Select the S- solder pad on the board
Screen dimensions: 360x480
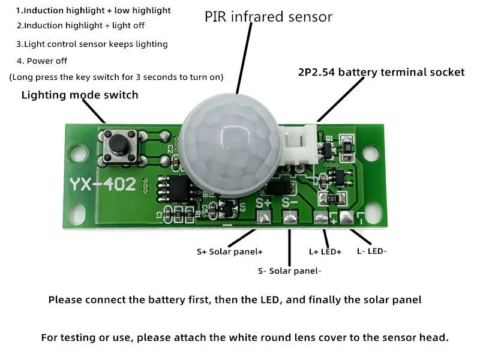pos(290,219)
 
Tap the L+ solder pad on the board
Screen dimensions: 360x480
pos(321,218)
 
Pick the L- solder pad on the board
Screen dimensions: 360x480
pos(346,217)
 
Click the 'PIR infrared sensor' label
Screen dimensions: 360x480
pos(268,17)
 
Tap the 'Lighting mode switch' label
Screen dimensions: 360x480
pos(80,95)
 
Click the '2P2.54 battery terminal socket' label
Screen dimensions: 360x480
pos(381,72)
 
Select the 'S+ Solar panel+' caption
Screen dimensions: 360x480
pos(230,251)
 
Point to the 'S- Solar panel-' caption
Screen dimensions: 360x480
pos(290,271)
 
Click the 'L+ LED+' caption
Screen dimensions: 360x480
pos(325,251)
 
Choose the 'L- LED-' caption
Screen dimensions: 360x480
pos(372,251)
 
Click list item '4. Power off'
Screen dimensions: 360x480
pos(42,61)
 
